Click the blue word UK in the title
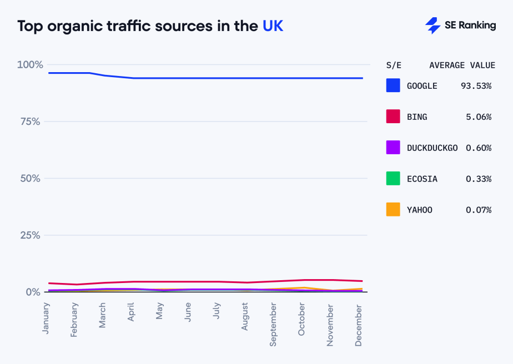click(273, 26)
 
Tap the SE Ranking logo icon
click(432, 26)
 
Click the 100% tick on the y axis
click(30, 65)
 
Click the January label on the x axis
click(46, 317)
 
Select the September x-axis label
click(273, 324)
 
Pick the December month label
click(359, 325)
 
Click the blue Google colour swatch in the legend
click(393, 85)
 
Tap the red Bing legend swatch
click(393, 117)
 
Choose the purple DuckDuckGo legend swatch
click(393, 148)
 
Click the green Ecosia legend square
click(393, 179)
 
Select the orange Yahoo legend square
click(393, 210)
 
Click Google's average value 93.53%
click(476, 86)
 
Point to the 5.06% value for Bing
click(478, 117)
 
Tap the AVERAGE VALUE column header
click(462, 65)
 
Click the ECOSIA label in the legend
click(422, 179)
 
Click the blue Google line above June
click(188, 78)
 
